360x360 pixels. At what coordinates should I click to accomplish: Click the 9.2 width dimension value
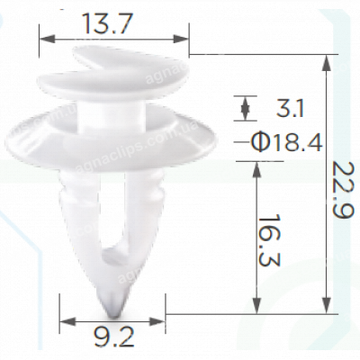click(114, 340)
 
